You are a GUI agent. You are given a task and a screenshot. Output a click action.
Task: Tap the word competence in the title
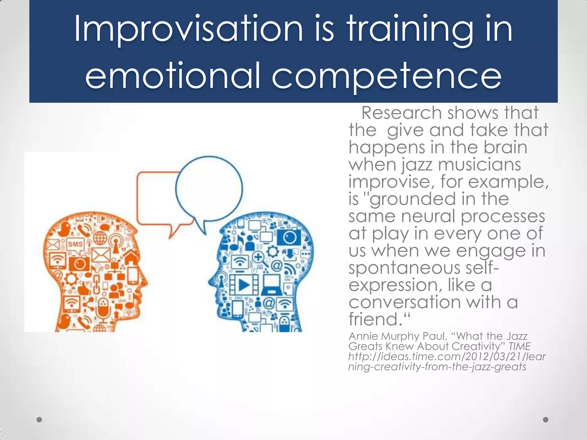[x=386, y=76]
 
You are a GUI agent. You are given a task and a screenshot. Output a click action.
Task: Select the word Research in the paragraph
[x=401, y=113]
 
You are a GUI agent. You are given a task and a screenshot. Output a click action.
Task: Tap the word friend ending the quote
[x=373, y=319]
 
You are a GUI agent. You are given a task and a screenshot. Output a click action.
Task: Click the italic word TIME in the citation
[x=519, y=346]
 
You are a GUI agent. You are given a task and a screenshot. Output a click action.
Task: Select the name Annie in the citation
[x=363, y=336]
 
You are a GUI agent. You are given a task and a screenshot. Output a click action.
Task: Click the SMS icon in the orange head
[x=75, y=244]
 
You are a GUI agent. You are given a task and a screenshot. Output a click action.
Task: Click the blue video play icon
[x=244, y=284]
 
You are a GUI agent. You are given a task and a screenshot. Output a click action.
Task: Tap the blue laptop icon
[x=271, y=284]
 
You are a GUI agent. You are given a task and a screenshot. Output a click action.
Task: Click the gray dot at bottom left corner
[x=40, y=420]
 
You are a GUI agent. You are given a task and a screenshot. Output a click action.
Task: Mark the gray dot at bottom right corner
[x=546, y=420]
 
